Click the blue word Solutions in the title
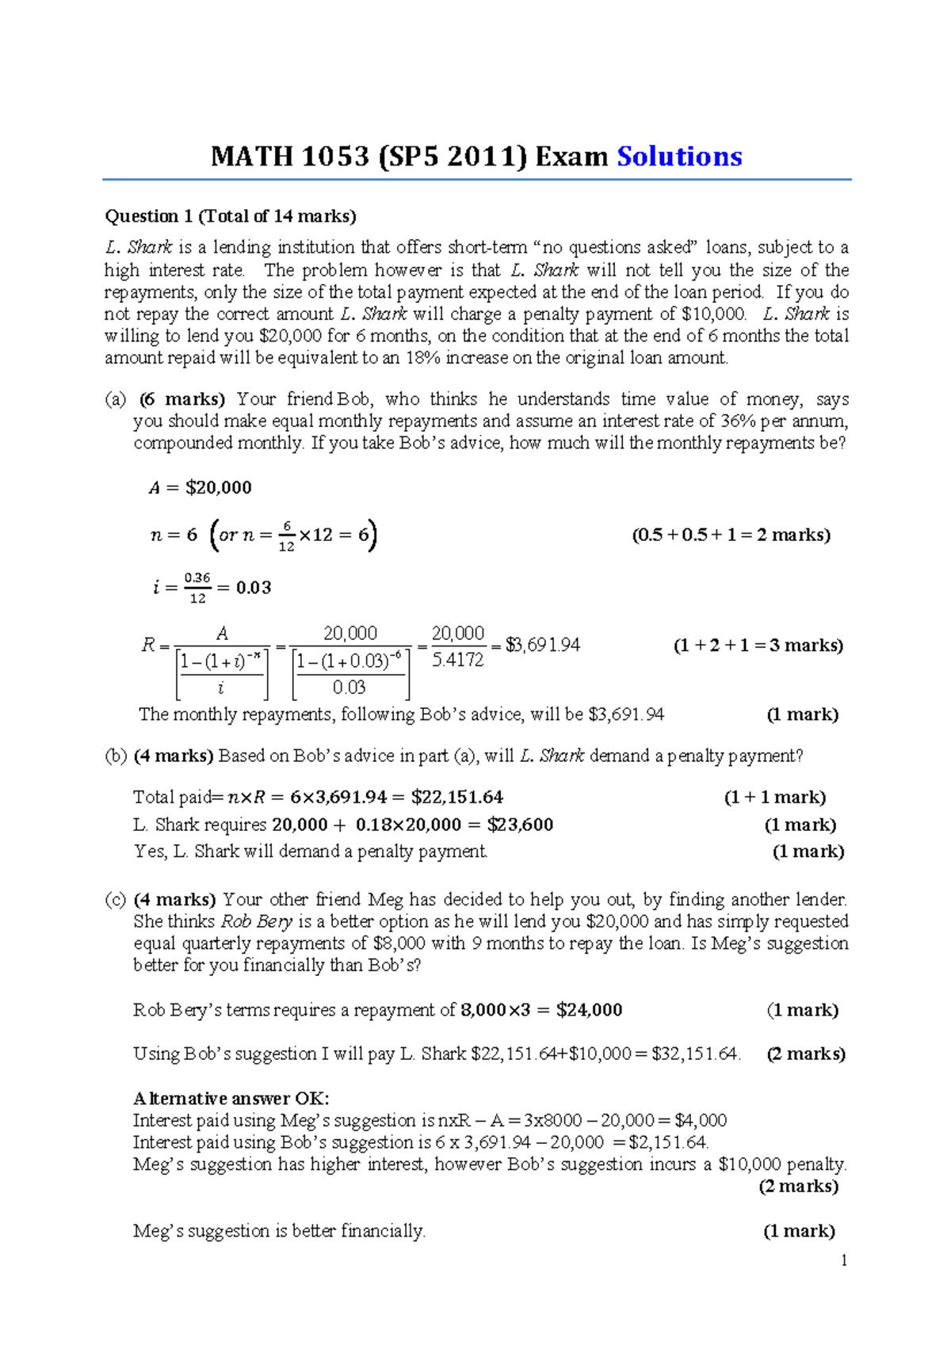pos(679,157)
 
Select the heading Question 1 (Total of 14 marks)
pos(231,216)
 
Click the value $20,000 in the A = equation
pos(218,488)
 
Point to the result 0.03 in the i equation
pos(254,588)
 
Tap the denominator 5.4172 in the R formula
pos(457,660)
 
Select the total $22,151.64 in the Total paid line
pos(457,798)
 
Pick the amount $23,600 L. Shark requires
pos(520,825)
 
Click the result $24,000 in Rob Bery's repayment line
pos(589,1010)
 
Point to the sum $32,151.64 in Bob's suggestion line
pos(695,1054)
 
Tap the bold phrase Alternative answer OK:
pos(231,1099)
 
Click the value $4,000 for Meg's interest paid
pos(701,1121)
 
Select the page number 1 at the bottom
pos(844,1260)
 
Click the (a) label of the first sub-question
pos(116,399)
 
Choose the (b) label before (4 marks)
pos(116,756)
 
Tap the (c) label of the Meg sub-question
pos(116,900)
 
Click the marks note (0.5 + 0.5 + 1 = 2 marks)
pos(731,535)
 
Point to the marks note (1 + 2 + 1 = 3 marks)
pos(758,646)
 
